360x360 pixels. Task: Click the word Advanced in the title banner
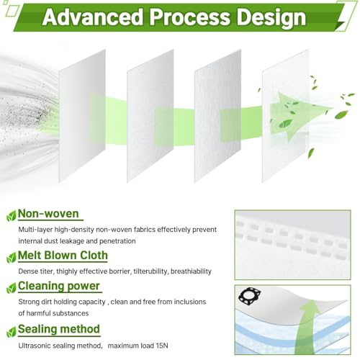pos(93,17)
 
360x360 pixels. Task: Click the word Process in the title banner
pos(189,17)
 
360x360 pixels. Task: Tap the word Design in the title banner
pos(271,18)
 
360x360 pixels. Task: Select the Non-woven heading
pos(48,213)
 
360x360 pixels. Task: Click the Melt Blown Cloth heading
pos(63,255)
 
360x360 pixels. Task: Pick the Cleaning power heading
pos(58,286)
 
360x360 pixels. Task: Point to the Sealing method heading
pos(59,329)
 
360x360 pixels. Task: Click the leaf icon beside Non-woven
pos(12,216)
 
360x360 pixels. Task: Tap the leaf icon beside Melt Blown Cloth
pos(12,258)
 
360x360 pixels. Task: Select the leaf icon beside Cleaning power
pos(12,289)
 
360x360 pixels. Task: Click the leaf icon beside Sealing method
pos(12,332)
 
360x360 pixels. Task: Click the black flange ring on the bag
pos(250,289)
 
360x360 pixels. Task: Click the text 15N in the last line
pos(162,346)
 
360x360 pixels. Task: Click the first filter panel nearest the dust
pos(82,116)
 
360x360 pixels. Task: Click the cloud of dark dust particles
pos(23,115)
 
